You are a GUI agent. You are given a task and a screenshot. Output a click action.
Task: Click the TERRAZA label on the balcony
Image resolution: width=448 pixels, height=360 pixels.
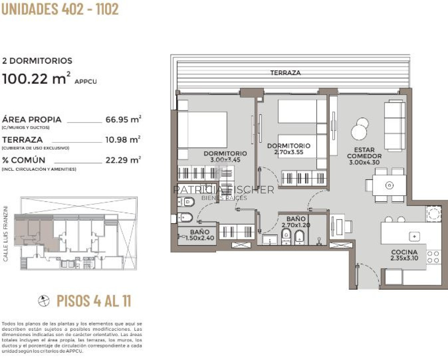tap(285, 73)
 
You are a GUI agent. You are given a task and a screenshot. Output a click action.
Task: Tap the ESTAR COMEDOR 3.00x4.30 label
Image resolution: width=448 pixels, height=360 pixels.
tap(364, 156)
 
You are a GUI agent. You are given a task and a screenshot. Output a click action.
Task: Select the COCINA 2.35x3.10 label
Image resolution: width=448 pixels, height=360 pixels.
tap(404, 255)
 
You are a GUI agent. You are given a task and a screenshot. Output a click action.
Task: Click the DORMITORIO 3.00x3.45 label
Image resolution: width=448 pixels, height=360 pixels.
tap(225, 156)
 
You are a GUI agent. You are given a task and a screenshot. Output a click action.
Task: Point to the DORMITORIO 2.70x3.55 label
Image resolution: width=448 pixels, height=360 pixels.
tap(288, 149)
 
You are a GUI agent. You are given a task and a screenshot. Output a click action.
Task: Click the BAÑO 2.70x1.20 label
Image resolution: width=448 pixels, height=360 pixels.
tap(296, 222)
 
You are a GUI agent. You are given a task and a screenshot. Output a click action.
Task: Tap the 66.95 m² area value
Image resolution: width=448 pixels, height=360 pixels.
tap(123, 120)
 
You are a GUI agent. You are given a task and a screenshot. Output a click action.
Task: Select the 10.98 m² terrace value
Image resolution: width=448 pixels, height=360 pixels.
tap(123, 140)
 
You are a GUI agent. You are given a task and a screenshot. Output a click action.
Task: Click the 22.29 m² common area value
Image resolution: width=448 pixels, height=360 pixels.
tap(123, 160)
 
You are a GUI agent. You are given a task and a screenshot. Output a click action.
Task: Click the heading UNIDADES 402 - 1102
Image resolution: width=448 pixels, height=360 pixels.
tap(60, 9)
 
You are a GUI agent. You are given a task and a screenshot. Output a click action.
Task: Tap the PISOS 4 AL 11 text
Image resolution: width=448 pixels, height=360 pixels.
tap(94, 301)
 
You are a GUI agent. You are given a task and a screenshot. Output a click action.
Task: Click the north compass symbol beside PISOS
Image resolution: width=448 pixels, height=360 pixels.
tap(44, 301)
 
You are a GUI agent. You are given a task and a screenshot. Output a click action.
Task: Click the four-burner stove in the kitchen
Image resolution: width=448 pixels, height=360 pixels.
tap(433, 256)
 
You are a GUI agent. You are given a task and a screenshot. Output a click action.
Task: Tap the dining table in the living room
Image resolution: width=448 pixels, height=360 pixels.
tap(389, 185)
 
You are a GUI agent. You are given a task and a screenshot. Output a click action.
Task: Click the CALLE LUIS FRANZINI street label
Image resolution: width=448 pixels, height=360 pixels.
tap(6, 234)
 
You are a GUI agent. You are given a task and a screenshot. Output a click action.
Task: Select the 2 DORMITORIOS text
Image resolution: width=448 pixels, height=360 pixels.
tap(37, 61)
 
